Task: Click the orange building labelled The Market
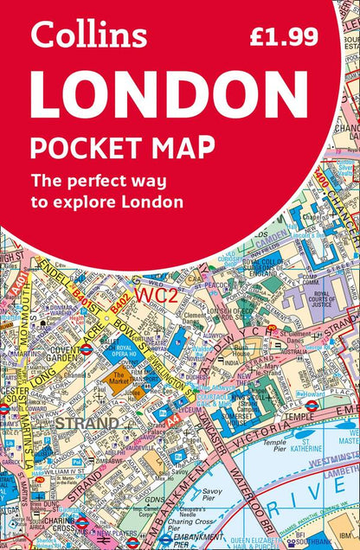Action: (119, 378)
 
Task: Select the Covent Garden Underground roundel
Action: (86, 349)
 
